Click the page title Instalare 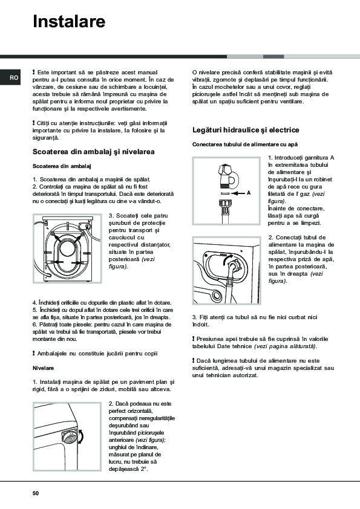pos(69,21)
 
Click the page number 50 pos(36,493)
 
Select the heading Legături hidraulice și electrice pos(246,130)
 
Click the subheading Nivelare pos(43,368)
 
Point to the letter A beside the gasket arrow pos(249,193)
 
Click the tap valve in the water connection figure pos(227,178)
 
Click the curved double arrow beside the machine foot pos(81,436)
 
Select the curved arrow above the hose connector pos(227,258)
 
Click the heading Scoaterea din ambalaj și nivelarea pos(94,152)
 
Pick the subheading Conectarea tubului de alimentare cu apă pos(245,144)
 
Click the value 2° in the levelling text pos(145,469)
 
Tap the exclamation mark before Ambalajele pos(34,353)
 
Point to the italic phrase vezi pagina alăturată pos(285,346)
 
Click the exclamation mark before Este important pos(34,72)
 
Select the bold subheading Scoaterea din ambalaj pos(62,166)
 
